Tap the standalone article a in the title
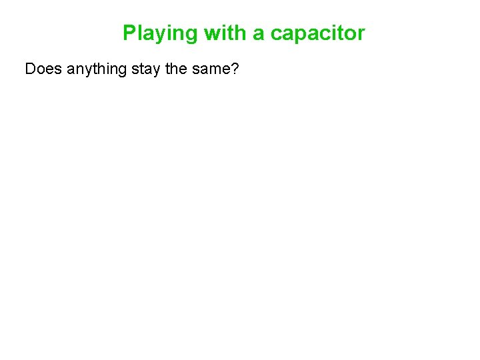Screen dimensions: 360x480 click(258, 33)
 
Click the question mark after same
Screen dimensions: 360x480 click(234, 69)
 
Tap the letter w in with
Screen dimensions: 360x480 click(212, 33)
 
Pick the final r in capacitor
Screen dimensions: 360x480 click(361, 33)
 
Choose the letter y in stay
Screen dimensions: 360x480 click(157, 71)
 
